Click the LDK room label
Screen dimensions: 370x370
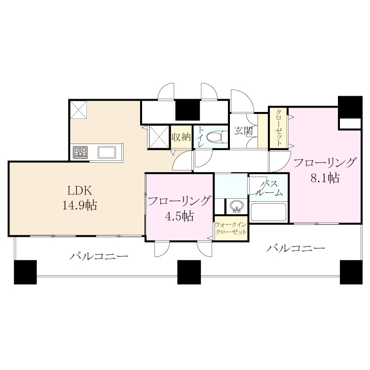point(79,190)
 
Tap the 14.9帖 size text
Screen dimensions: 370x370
point(79,205)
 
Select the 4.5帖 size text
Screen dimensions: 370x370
point(180,216)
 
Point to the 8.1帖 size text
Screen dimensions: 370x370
point(325,178)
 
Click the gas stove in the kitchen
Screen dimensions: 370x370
point(80,152)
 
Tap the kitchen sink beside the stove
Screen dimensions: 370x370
point(107,152)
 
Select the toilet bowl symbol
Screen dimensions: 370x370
point(217,137)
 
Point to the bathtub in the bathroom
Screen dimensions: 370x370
point(268,212)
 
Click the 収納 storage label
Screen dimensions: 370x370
point(181,137)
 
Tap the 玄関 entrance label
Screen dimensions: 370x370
point(244,131)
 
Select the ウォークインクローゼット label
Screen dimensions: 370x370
point(231,228)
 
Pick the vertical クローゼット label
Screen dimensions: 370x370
point(279,128)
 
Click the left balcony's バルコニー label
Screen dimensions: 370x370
point(99,256)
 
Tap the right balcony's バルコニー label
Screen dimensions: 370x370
point(296,248)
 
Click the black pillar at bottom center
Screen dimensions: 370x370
point(189,272)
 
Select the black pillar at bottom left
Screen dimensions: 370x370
point(25,272)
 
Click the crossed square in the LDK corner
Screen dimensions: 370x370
point(79,110)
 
